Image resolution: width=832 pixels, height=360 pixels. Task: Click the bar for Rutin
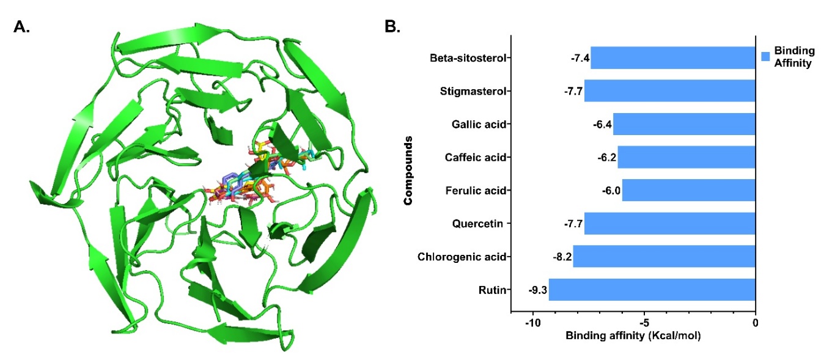coord(652,290)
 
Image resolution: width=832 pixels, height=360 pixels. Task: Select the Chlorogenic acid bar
coord(664,257)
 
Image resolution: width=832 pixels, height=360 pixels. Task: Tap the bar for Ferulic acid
coord(688,191)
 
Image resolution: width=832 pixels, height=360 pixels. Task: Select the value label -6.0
coord(611,191)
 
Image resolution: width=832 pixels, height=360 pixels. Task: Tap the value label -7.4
coord(579,58)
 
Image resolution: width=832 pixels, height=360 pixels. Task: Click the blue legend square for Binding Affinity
coord(765,57)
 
